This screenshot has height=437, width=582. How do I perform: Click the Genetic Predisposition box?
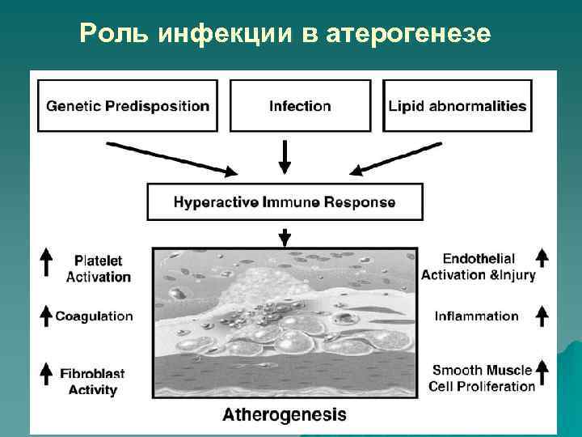[x=127, y=105]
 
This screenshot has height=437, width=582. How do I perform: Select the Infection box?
[x=300, y=105]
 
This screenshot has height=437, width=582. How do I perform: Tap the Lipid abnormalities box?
[x=457, y=105]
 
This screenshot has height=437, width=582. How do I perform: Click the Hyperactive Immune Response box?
[x=284, y=202]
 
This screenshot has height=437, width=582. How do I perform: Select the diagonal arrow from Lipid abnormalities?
[x=396, y=158]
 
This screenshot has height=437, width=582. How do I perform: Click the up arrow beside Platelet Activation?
[x=47, y=262]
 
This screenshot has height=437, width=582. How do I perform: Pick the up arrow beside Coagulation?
[x=47, y=316]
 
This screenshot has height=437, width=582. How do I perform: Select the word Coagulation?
[x=94, y=316]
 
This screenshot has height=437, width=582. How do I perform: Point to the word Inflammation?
[x=476, y=316]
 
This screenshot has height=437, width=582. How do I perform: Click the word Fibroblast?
[x=92, y=374]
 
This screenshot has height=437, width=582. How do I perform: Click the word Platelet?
[x=99, y=261]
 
